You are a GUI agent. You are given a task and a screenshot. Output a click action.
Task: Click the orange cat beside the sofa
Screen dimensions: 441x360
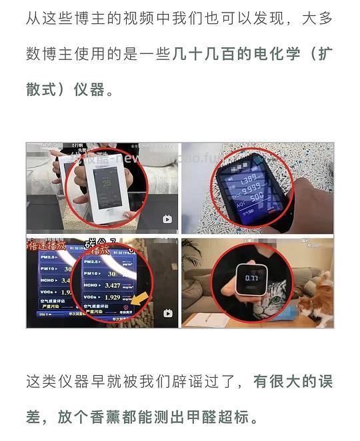click(317, 299)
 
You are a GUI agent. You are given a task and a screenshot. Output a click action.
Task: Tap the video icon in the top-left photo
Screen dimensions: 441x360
click(167, 219)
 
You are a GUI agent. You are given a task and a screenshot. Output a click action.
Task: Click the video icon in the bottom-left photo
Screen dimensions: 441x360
click(167, 314)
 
